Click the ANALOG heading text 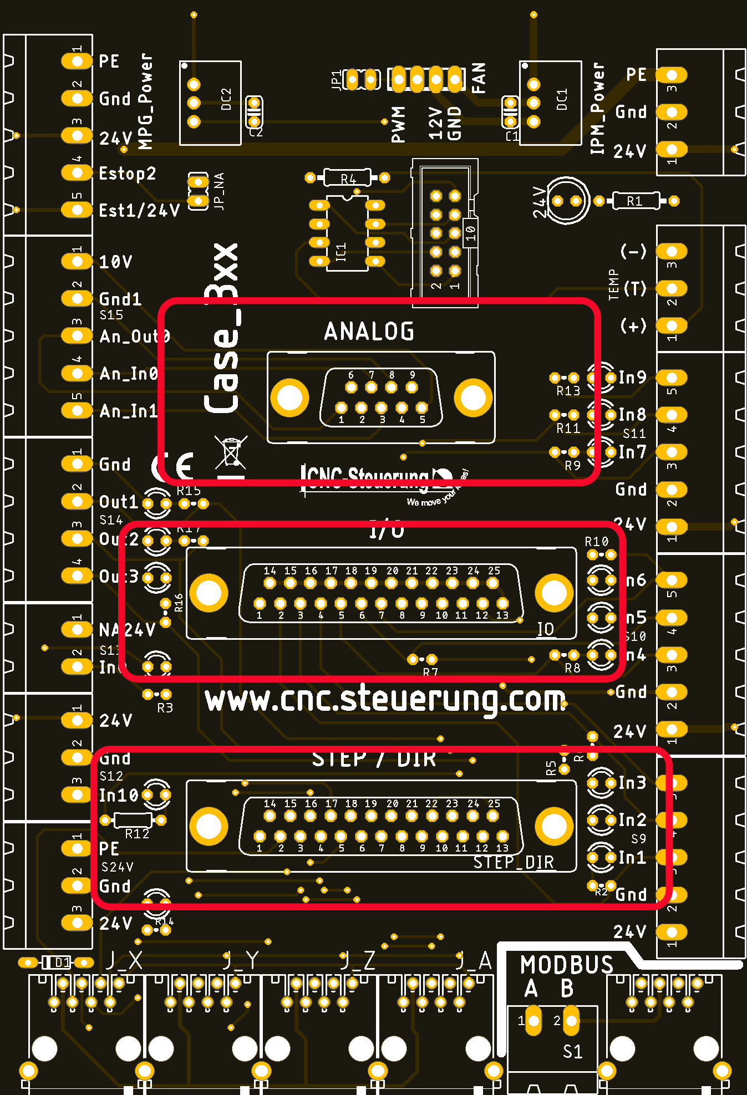click(x=369, y=332)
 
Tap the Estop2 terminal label click(x=127, y=174)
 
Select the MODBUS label click(x=566, y=965)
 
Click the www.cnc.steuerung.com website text click(x=385, y=700)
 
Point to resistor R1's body click(x=635, y=201)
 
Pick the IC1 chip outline click(x=347, y=233)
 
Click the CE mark click(x=174, y=466)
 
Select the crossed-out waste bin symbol click(x=231, y=452)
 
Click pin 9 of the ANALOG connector click(x=412, y=387)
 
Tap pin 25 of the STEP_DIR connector click(x=493, y=815)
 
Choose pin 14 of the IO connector click(x=270, y=583)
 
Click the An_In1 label click(x=129, y=411)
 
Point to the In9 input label click(x=632, y=378)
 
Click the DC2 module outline click(x=211, y=103)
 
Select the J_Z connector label click(x=358, y=960)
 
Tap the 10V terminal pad click(x=77, y=261)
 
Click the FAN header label click(x=478, y=78)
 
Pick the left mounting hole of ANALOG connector click(x=289, y=398)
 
